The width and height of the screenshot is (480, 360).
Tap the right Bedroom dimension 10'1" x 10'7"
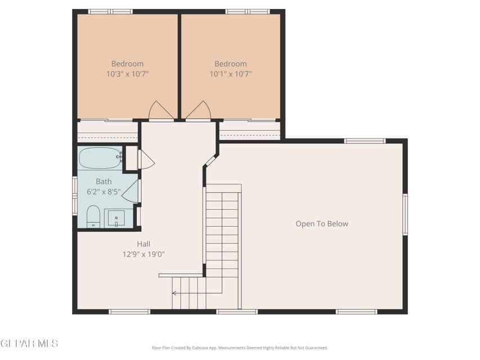(x=231, y=74)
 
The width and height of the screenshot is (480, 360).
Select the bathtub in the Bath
(x=100, y=157)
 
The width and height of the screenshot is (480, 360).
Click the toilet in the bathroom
(x=93, y=217)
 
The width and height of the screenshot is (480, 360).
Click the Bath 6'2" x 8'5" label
(x=104, y=187)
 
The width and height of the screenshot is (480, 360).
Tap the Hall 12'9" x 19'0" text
(x=143, y=249)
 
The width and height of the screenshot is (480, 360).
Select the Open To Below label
(x=322, y=224)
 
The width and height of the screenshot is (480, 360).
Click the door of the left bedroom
(x=161, y=111)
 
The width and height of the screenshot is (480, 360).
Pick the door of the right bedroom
(x=198, y=111)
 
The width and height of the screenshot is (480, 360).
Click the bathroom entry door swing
(x=131, y=192)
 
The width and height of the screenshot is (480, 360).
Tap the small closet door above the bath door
(x=145, y=159)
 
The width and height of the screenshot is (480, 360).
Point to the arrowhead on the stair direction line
(x=174, y=293)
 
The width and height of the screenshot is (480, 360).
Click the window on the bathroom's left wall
(x=74, y=195)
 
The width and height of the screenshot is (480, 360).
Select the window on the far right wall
(x=405, y=214)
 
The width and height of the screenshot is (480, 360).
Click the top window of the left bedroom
(x=110, y=11)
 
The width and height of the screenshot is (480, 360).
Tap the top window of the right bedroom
(x=248, y=11)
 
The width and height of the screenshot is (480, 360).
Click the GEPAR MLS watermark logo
(x=29, y=343)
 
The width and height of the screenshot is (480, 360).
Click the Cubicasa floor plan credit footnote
(x=240, y=348)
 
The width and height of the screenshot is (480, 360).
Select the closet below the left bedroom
(x=107, y=132)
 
